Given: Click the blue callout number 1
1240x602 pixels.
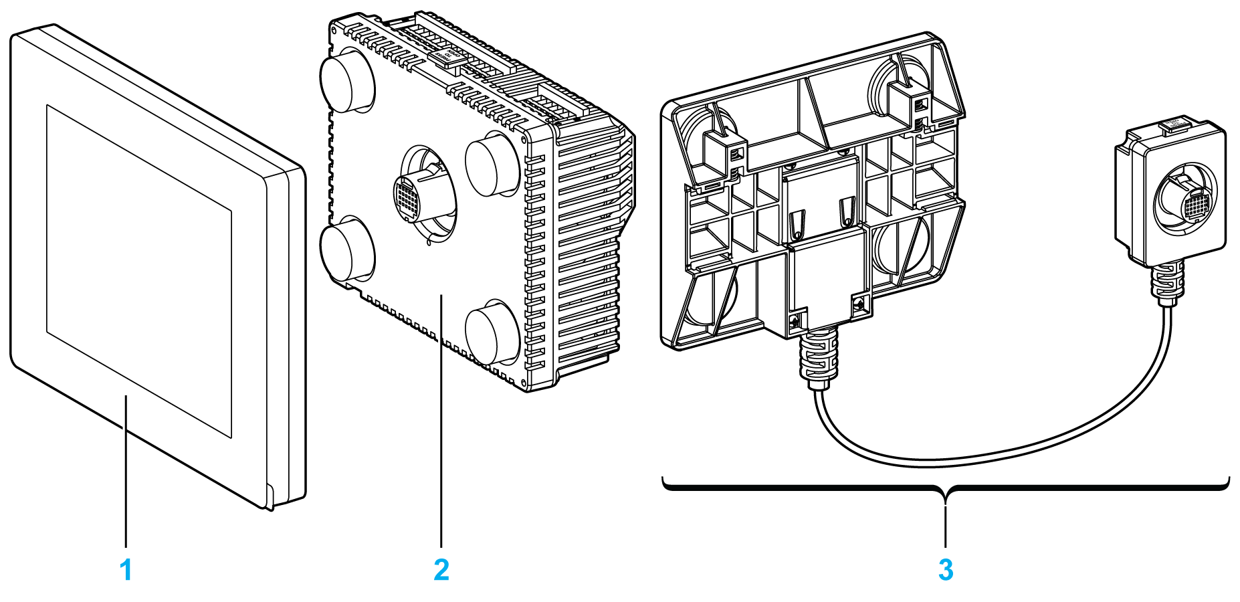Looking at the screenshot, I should pos(126,570).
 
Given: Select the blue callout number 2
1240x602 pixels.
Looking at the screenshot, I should pos(441,570).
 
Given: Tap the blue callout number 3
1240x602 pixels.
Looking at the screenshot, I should pos(945,570).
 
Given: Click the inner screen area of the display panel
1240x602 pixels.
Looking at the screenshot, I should pos(138,271).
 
